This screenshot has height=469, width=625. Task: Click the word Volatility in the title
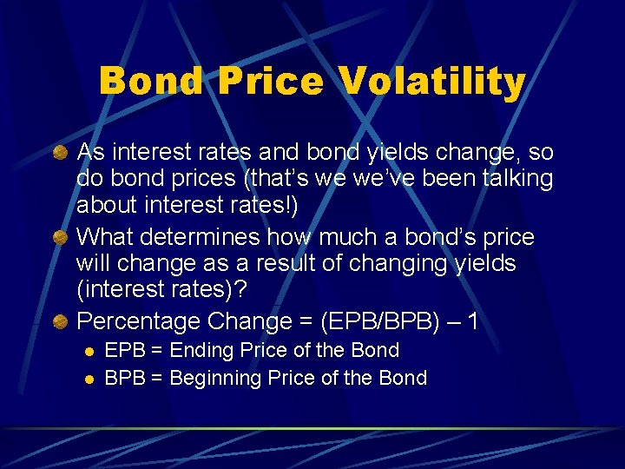click(x=432, y=82)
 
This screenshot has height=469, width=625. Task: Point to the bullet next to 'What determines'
click(x=62, y=238)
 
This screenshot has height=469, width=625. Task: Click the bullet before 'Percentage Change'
click(x=62, y=321)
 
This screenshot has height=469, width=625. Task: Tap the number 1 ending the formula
click(x=473, y=321)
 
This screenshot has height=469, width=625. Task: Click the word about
click(x=104, y=205)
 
